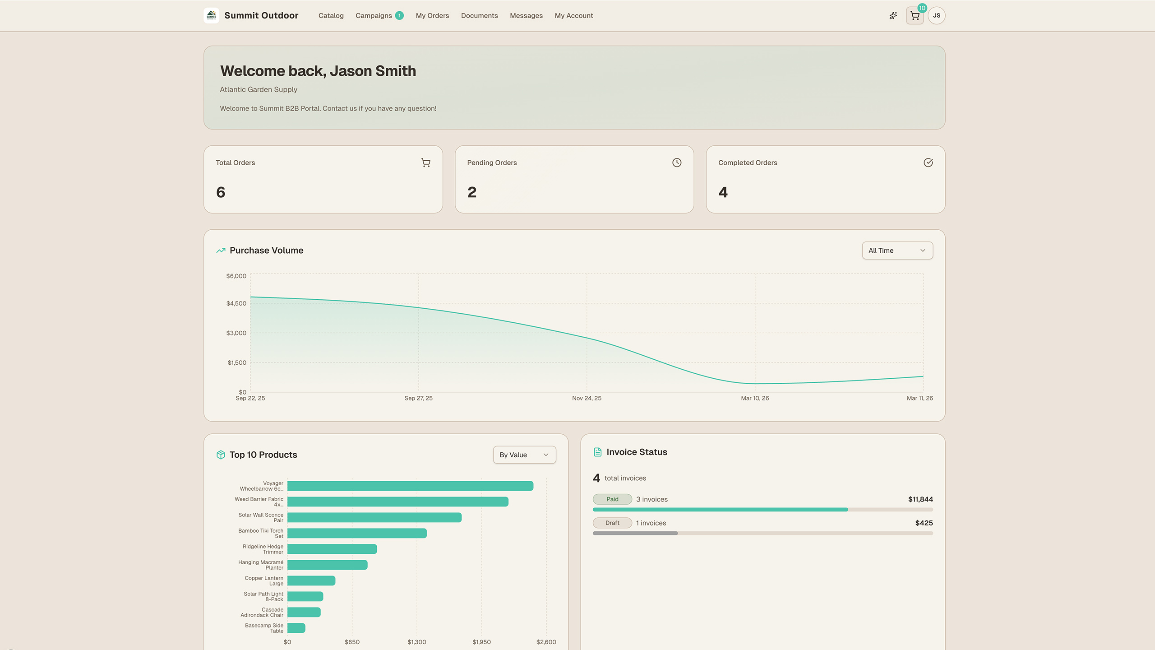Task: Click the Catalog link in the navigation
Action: click(331, 16)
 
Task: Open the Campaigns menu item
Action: click(374, 16)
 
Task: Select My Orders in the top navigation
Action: click(432, 16)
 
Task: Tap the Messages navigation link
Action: click(526, 16)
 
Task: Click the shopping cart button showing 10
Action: click(915, 16)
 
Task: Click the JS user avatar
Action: click(937, 16)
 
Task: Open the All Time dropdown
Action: click(897, 251)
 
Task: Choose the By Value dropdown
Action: click(524, 455)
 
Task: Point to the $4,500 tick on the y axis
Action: click(236, 303)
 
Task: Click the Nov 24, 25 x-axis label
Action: click(587, 398)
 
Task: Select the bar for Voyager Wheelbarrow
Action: click(410, 486)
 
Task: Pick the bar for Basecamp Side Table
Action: click(296, 628)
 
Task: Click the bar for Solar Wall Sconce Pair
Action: click(374, 517)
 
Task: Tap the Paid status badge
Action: click(612, 499)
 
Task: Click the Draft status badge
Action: click(612, 523)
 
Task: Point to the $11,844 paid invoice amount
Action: click(920, 499)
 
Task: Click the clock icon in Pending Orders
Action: click(677, 162)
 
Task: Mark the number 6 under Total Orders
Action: click(221, 192)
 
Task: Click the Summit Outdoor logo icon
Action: click(212, 16)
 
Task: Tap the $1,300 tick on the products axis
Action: click(417, 642)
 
